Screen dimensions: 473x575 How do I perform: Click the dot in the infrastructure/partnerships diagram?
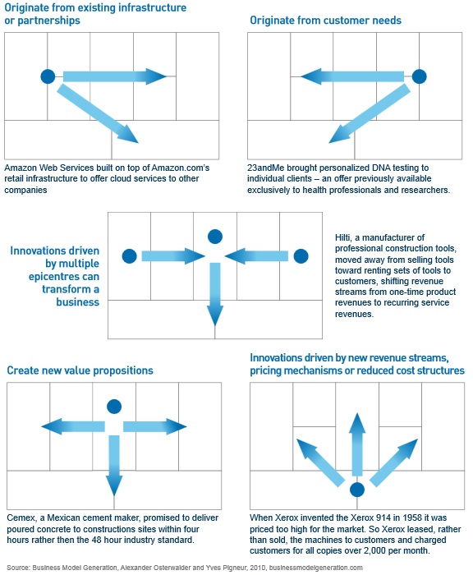tap(48, 76)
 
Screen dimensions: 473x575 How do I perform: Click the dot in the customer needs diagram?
tap(419, 76)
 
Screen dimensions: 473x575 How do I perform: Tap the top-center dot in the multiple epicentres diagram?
tap(215, 237)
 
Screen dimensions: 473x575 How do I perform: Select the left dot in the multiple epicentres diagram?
tap(130, 256)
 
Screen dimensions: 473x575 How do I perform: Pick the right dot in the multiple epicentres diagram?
tap(301, 256)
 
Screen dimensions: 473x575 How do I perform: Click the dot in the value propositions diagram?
tap(114, 407)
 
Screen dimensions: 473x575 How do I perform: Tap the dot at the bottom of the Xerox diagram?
tap(357, 490)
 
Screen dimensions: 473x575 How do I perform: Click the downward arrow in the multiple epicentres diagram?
tap(215, 294)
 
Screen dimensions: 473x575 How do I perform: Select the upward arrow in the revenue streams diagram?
tap(357, 444)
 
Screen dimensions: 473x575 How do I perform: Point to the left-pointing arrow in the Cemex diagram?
tap(73, 426)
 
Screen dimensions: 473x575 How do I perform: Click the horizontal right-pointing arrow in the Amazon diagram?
tap(115, 76)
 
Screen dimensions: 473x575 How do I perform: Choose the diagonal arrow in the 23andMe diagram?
tap(370, 113)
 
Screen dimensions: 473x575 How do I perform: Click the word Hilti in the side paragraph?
tap(342, 237)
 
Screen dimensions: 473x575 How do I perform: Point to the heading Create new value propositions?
tap(80, 370)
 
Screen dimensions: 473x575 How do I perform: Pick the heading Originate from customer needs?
tap(326, 21)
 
